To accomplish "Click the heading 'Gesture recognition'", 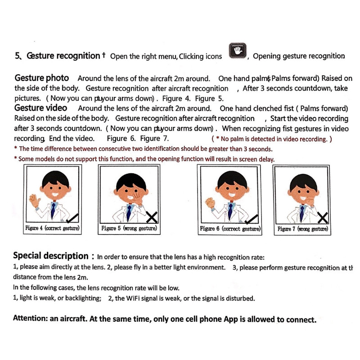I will (x=63, y=56).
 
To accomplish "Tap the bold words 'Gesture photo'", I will (x=42, y=78).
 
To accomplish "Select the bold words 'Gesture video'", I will (x=40, y=108).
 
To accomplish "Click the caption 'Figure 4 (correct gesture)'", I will (x=53, y=229).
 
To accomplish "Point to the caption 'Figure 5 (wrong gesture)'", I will (x=129, y=229).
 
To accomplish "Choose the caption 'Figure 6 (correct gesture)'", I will (x=230, y=229).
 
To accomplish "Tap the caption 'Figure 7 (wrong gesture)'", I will (x=302, y=229).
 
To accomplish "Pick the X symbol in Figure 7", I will (x=323, y=218).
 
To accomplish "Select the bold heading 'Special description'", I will (x=50, y=256).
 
